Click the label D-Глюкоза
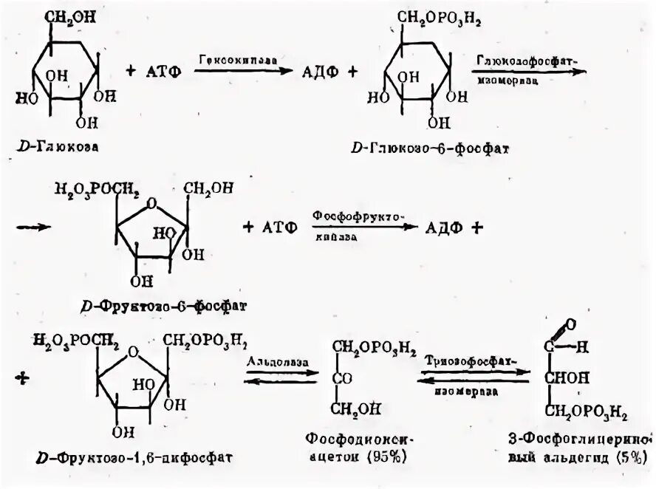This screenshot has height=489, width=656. (58, 147)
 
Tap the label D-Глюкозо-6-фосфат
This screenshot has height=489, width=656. (431, 148)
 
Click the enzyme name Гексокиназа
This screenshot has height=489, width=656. (227, 59)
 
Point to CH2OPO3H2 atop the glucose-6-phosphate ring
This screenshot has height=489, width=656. (434, 17)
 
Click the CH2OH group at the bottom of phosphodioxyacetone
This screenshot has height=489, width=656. (356, 408)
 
